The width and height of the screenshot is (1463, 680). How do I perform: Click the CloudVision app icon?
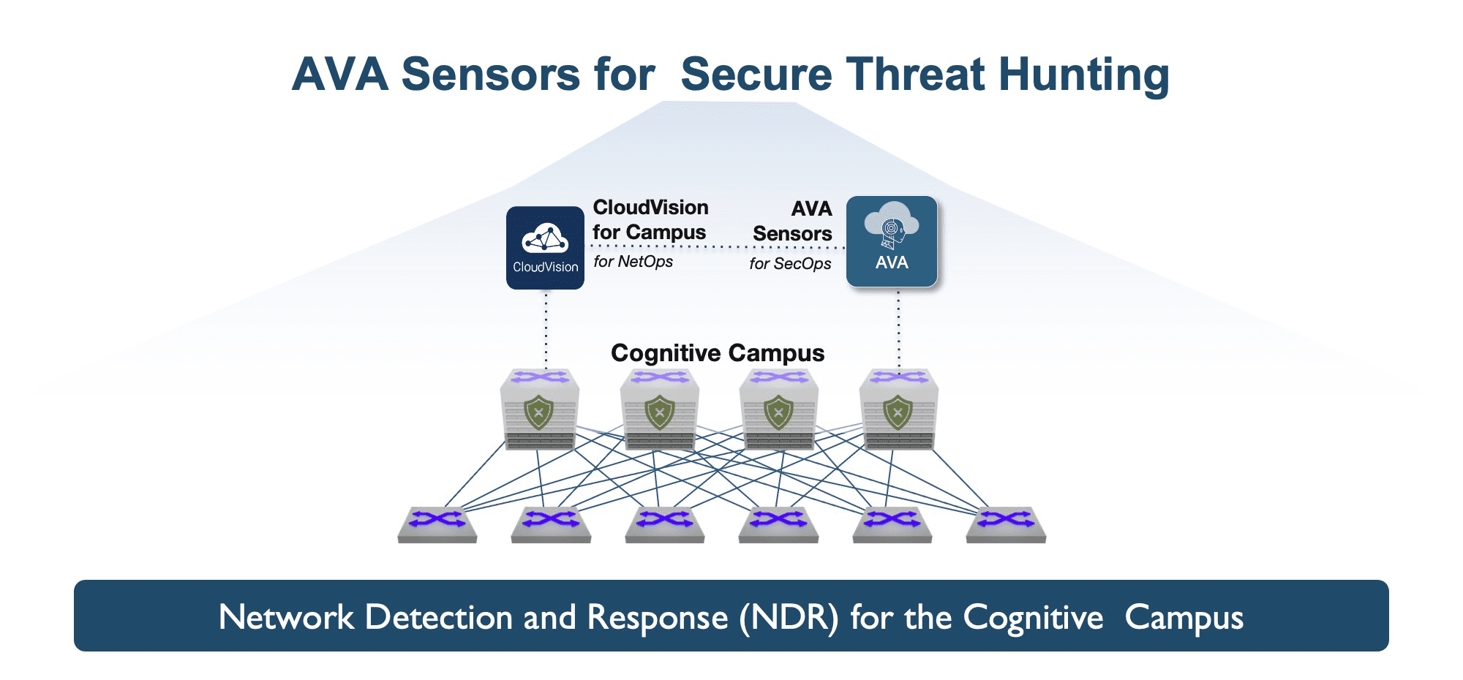click(x=545, y=248)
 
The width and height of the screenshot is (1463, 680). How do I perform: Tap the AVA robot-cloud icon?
click(x=892, y=241)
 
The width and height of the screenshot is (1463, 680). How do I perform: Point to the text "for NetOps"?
click(x=633, y=262)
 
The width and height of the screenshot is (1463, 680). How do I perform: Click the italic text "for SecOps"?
click(x=790, y=263)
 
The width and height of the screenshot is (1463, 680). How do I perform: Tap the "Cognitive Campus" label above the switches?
click(x=718, y=353)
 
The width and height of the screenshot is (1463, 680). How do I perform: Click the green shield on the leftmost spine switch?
click(x=539, y=412)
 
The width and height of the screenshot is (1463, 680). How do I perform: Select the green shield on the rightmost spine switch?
click(x=898, y=412)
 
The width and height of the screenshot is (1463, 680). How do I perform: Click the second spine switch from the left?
click(x=660, y=409)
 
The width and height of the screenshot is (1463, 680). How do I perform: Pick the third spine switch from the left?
click(x=779, y=409)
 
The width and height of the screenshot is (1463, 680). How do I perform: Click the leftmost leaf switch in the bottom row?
click(x=437, y=524)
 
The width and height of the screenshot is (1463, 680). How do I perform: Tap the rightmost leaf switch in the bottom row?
click(x=1006, y=524)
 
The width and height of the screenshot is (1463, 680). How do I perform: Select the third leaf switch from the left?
click(x=665, y=524)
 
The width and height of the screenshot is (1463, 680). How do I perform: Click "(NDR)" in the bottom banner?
click(x=789, y=618)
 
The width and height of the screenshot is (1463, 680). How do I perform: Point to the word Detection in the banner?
click(x=439, y=617)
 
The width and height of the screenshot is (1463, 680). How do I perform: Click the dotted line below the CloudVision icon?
click(x=546, y=329)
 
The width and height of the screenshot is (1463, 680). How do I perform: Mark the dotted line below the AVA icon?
click(x=898, y=329)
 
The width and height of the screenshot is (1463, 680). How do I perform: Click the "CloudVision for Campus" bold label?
click(x=650, y=219)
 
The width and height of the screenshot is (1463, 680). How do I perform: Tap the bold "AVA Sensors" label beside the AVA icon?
click(x=793, y=221)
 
